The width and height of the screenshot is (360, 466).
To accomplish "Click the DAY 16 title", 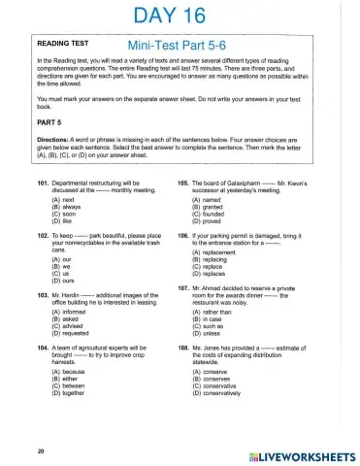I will (180, 17).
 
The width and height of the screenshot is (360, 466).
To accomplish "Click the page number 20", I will (41, 450).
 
